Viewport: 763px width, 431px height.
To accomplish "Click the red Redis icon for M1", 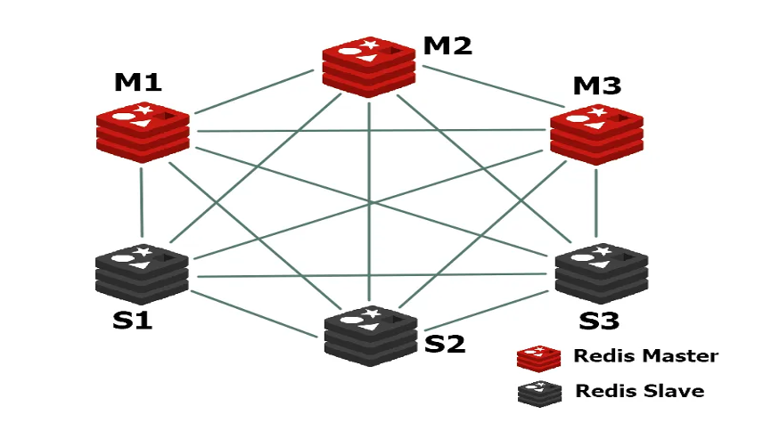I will tap(143, 132).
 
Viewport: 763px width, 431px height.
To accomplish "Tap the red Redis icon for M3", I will tap(596, 135).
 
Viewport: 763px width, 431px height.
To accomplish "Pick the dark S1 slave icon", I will tap(143, 273).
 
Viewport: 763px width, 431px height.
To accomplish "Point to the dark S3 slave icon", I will tap(601, 272).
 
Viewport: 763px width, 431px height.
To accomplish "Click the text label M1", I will tap(138, 83).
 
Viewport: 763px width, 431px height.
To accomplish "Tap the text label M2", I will tap(447, 45).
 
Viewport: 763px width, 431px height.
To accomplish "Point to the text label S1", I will tap(132, 320).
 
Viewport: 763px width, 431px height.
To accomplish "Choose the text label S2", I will tap(445, 343).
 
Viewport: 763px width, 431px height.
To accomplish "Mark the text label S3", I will tap(599, 320).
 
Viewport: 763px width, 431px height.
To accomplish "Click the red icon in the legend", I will tap(538, 357).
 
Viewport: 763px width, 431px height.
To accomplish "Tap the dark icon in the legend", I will tap(538, 393).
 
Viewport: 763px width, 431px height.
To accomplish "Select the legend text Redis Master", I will tap(645, 356).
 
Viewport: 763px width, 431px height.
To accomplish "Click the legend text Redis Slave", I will tap(639, 391).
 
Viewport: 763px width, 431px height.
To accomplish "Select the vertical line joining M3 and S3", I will tap(596, 205).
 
